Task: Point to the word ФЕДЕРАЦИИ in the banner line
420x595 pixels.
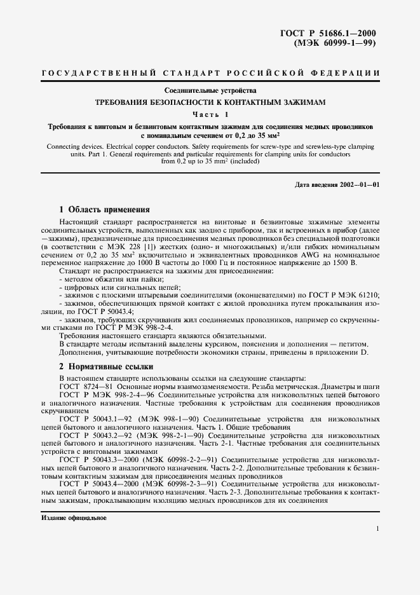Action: coord(348,74)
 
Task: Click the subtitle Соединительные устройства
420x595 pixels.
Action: coord(210,91)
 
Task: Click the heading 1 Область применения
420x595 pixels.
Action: coord(104,209)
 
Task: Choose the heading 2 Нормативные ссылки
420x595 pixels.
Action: coord(105,367)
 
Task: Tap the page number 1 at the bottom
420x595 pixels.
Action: coord(377,529)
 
